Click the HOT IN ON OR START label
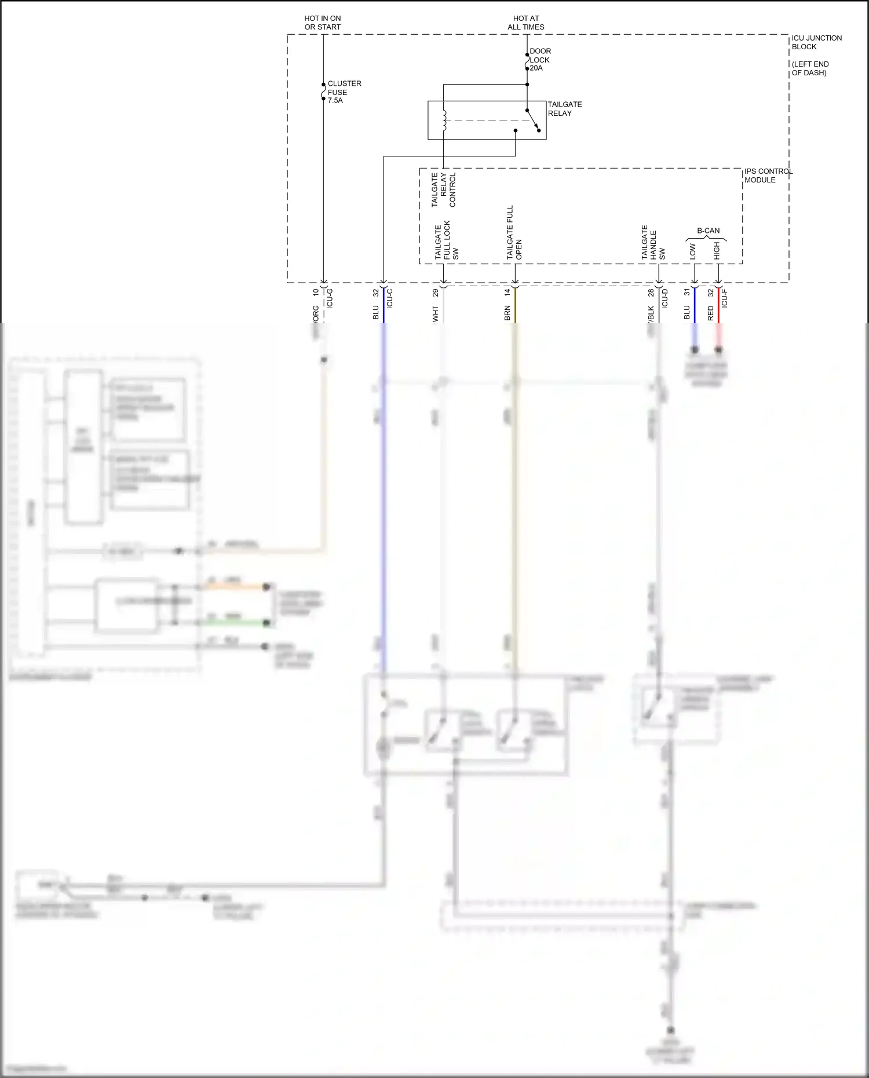pos(323,23)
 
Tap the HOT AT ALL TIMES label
pos(526,23)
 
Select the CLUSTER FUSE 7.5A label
pos(344,92)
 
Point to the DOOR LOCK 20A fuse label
pos(540,60)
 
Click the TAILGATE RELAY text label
pos(565,109)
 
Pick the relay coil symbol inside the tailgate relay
pos(444,120)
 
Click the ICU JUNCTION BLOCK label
pos(816,42)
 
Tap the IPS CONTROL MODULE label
pos(768,176)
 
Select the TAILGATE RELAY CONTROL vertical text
pos(444,189)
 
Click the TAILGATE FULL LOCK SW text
pos(447,240)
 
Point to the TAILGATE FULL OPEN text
pos(514,232)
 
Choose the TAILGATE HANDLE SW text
pos(653,243)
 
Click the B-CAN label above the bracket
pos(708,231)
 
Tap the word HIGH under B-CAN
pos(717,251)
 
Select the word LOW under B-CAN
pos(693,251)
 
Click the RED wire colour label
pos(711,313)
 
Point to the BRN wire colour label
pos(507,313)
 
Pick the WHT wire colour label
pos(436,314)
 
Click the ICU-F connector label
pos(724,298)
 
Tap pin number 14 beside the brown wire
pos(507,293)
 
